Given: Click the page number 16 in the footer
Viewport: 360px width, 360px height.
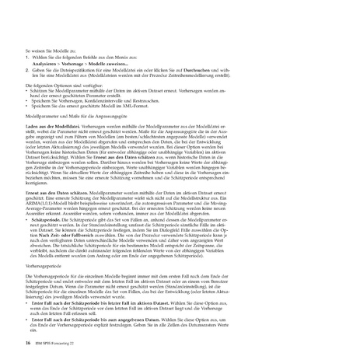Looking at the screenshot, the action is (27, 341).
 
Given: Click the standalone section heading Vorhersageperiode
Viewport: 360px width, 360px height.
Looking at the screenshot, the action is (45, 264).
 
